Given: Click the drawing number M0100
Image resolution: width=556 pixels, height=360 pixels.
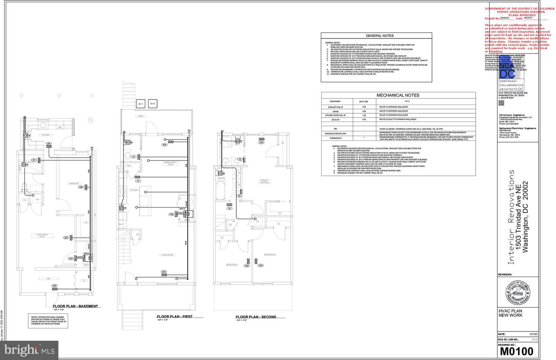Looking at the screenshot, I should point(517,352).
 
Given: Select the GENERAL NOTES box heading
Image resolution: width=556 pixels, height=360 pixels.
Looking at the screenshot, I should point(380,35).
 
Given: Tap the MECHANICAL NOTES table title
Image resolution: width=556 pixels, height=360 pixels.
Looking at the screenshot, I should point(398,95).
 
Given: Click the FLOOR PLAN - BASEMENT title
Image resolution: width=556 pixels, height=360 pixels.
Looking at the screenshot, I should point(75,306).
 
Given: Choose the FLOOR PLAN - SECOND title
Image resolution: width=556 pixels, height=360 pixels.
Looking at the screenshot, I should point(256,317).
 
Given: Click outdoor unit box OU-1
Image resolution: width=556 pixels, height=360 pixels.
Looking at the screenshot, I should point(141,104).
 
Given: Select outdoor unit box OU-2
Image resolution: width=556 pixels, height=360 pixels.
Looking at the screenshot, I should point(153,104).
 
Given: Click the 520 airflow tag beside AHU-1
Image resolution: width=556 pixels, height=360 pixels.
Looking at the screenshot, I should point(71,259).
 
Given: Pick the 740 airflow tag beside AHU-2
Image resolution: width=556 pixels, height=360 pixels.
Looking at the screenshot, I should point(171,214).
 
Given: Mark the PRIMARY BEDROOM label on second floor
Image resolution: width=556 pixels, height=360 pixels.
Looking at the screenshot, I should point(264,181).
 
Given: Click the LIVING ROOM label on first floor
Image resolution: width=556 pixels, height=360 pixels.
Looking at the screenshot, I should point(167,255).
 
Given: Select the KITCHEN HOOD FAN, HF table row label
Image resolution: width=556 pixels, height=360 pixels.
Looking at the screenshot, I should point(335,115).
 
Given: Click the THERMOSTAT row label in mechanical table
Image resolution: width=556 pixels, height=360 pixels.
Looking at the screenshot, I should point(335,138).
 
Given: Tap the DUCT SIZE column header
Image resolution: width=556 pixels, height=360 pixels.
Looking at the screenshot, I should point(363,101).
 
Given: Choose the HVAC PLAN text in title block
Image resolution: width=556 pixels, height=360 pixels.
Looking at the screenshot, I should point(510,311).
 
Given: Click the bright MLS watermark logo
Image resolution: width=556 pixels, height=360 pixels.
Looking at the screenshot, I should point(29,350).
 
